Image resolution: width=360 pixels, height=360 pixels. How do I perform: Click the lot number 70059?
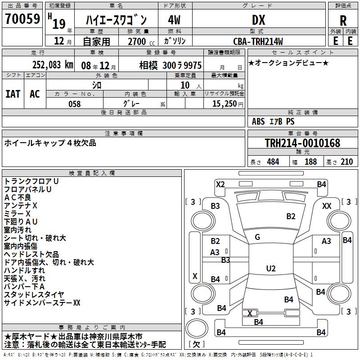22,20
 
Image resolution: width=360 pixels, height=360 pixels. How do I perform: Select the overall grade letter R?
343,21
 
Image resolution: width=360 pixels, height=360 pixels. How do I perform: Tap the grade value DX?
258,20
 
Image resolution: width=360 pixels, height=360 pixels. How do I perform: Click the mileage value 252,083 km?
53,65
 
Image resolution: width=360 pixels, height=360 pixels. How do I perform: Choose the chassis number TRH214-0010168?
302,143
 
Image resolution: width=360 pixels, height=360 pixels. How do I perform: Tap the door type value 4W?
175,20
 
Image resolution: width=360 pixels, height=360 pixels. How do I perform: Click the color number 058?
74,104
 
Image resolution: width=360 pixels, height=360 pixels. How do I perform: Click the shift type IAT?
13,94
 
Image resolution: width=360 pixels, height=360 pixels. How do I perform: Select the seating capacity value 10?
185,85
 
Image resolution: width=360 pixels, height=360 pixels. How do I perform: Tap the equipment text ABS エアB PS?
273,121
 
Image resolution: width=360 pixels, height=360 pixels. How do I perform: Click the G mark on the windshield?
257,237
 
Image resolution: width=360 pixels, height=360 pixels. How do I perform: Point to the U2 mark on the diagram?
270,269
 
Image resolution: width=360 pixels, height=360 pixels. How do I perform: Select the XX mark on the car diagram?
327,206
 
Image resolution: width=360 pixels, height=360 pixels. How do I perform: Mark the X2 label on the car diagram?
220,184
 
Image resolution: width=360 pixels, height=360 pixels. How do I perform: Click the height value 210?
346,162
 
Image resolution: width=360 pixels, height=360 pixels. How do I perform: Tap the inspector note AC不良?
18,197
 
